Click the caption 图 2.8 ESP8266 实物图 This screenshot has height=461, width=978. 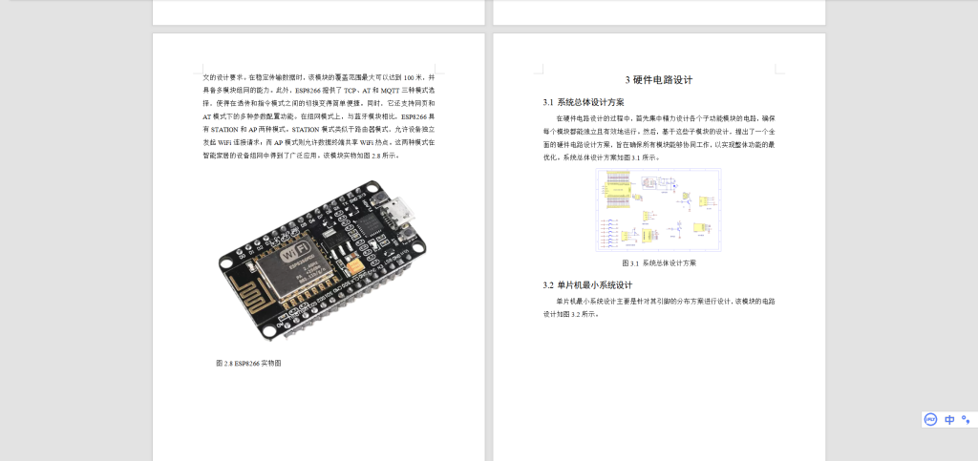(248, 363)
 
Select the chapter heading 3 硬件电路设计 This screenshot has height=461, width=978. (659, 80)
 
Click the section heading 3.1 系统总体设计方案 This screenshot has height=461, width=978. (584, 102)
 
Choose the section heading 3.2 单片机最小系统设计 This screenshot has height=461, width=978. (587, 284)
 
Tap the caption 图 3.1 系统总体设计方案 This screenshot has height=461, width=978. (659, 262)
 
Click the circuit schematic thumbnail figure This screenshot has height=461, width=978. (658, 210)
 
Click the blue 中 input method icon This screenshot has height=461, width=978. (949, 419)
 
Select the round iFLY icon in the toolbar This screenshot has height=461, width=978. (930, 419)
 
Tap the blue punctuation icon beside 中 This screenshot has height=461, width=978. (966, 419)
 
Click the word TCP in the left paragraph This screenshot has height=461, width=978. (351, 89)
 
